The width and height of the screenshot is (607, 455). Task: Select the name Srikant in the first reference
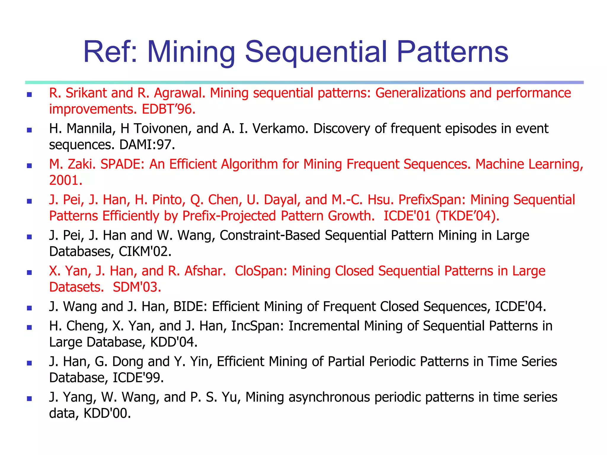tap(86, 93)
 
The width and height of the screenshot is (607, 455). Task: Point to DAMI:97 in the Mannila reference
tap(147, 145)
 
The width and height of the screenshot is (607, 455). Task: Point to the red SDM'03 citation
tap(137, 287)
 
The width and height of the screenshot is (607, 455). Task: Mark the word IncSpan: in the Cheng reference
tap(258, 326)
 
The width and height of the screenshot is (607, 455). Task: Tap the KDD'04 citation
tap(173, 342)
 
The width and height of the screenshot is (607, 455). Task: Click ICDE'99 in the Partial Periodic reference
tap(138, 378)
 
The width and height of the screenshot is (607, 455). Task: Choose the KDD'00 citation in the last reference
tap(107, 413)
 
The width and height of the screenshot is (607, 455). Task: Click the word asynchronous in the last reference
tap(329, 397)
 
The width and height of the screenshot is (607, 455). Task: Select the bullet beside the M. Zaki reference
tap(29, 166)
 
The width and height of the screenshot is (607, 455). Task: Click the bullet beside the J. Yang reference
tap(29, 398)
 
